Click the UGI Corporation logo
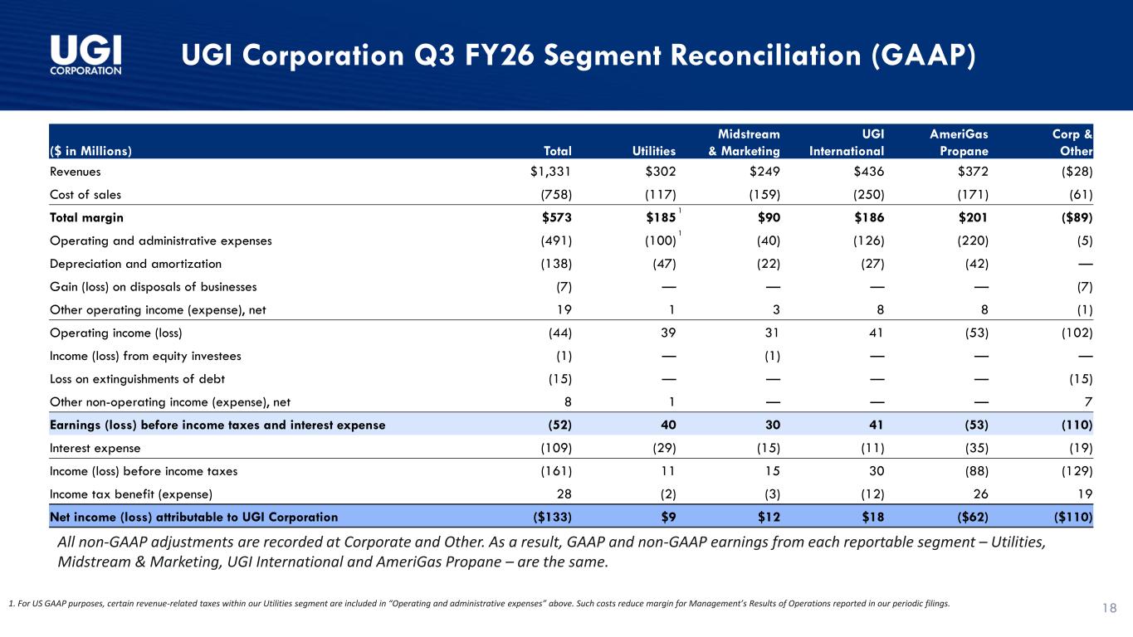pos(85,55)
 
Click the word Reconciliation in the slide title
pos(765,55)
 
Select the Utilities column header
pos(653,151)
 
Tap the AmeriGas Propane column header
pos(959,143)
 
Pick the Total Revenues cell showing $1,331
pos(550,172)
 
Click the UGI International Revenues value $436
pos(869,172)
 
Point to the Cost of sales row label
pos(85,195)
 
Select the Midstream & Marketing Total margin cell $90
pos(769,217)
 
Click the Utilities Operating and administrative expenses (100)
pos(660,241)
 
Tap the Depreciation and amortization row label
pos(135,264)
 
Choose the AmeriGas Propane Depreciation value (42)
pos(976,264)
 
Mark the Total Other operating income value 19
pos(564,309)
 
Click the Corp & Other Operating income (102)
pos(1077,333)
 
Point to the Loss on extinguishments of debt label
pos(137,379)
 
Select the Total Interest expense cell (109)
pos(556,448)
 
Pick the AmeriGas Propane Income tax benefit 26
pos(981,494)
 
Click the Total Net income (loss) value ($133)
pos(552,518)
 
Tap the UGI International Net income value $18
pos(873,518)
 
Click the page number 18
pos(1109,608)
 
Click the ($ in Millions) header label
pos(90,151)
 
